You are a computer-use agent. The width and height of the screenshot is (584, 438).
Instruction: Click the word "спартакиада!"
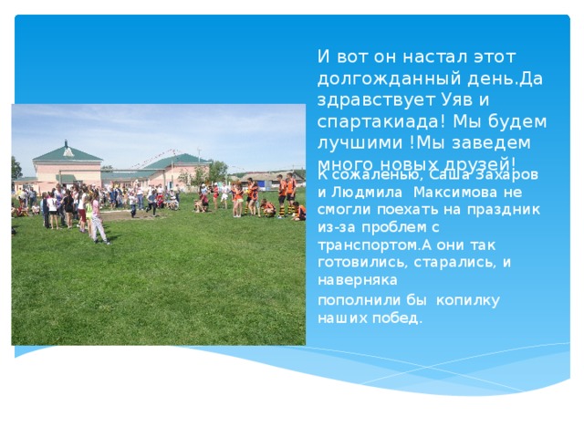pos(375,121)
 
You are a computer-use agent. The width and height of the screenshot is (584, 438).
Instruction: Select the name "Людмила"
pos(366,192)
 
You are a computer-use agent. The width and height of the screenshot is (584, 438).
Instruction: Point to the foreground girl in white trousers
pos(97,220)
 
